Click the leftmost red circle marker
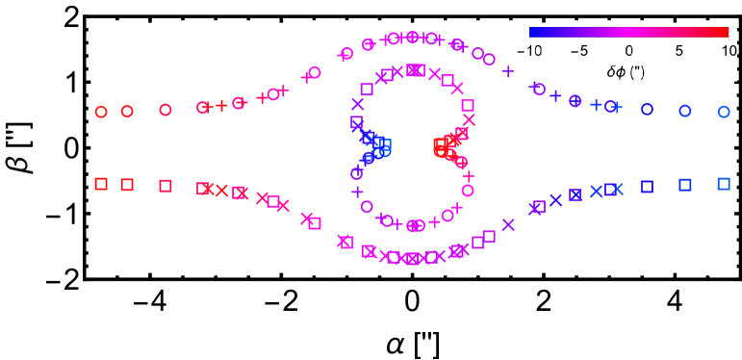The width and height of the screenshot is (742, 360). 101,112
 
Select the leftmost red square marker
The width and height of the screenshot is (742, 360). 101,184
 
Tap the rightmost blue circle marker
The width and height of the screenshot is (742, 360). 724,112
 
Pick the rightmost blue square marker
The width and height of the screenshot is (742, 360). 724,184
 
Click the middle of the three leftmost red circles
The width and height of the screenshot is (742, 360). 127,112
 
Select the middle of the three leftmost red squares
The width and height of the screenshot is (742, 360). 127,185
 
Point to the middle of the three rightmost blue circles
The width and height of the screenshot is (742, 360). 685,111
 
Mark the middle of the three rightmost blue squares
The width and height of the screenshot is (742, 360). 685,185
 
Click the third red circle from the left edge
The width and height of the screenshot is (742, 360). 166,111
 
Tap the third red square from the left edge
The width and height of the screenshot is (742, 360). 166,186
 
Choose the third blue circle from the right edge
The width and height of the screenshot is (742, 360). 648,110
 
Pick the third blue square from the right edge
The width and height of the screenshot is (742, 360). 648,187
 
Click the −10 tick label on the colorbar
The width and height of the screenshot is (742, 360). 530,50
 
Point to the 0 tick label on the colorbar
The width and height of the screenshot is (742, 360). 629,50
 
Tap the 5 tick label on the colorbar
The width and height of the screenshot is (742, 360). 679,50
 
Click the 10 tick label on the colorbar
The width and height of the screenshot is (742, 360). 729,50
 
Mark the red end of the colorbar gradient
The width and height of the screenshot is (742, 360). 726,32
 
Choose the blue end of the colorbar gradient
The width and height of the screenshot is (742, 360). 533,32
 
